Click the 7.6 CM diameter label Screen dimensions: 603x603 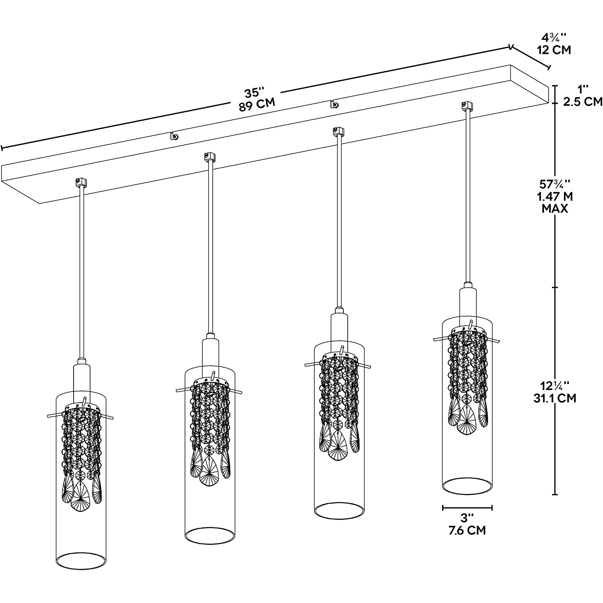[x=467, y=531]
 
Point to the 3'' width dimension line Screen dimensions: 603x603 [x=467, y=508]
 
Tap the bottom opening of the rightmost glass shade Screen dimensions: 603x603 [x=467, y=486]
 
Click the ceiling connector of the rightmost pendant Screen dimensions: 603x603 [x=466, y=105]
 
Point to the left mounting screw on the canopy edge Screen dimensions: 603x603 [x=174, y=136]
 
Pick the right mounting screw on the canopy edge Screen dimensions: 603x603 [x=334, y=105]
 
